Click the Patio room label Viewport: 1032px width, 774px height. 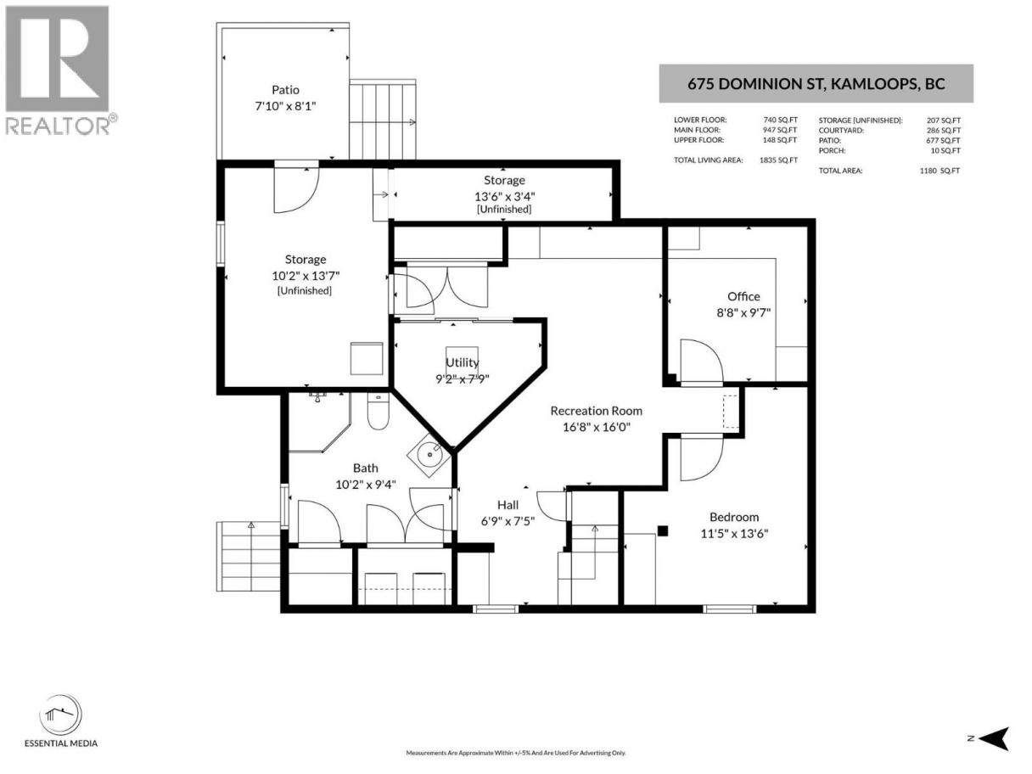285,90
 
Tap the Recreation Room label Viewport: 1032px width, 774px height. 596,411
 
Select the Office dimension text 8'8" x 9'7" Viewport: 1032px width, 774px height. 743,312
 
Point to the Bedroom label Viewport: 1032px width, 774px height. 734,517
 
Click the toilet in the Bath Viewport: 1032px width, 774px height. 378,412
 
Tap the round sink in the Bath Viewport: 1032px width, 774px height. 429,454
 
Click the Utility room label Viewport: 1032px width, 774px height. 462,362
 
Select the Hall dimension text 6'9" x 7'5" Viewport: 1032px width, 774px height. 508,521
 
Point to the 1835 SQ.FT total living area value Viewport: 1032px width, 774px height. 778,160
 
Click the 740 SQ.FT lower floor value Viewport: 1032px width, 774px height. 780,120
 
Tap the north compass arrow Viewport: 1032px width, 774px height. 995,738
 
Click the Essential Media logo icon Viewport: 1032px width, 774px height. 60,715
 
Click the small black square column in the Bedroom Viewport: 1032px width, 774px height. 663,531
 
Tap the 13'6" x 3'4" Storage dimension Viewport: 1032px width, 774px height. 504,196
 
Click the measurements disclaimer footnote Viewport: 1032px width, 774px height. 516,753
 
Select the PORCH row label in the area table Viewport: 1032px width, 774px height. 832,150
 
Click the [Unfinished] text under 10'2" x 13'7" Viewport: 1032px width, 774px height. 304,291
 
